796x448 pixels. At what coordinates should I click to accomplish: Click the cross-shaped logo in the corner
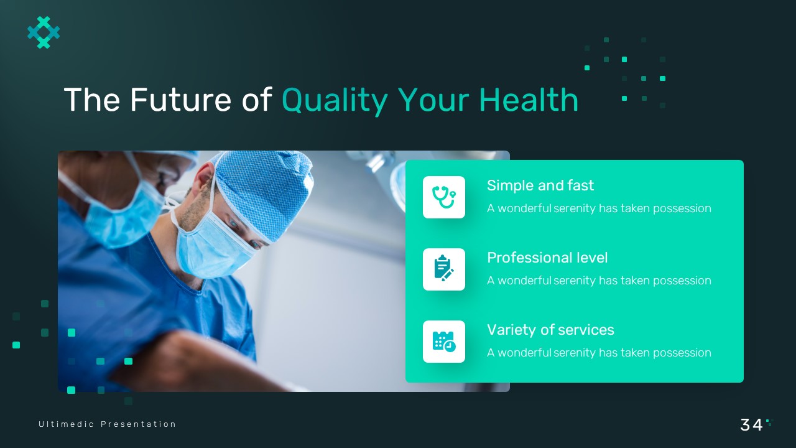point(44,32)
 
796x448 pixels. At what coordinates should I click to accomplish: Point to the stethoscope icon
point(444,197)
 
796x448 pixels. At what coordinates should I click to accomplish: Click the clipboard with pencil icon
point(444,269)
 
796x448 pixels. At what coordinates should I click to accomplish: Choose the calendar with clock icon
point(444,342)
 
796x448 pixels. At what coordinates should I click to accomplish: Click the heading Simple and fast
point(540,185)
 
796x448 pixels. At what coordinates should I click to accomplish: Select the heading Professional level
point(547,258)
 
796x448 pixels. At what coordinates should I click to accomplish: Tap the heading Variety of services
point(550,330)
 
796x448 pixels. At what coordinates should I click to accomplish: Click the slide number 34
point(751,425)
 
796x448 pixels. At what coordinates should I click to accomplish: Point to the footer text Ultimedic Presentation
point(108,424)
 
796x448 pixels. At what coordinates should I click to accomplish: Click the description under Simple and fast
point(599,208)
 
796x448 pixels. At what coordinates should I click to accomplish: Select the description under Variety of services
point(599,353)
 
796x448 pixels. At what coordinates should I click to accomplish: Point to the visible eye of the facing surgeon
point(234,223)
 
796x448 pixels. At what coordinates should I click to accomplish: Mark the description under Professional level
point(599,281)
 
